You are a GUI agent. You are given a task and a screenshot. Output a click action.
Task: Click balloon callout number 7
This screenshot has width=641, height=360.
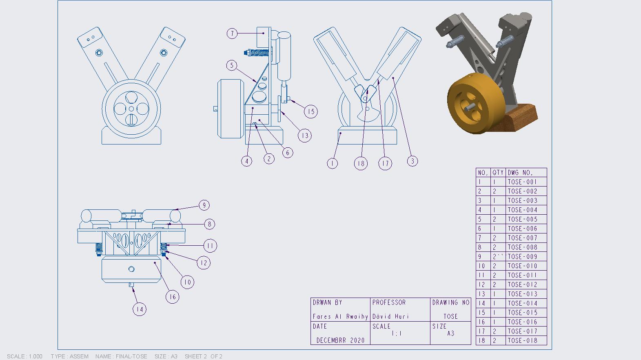pos(232,33)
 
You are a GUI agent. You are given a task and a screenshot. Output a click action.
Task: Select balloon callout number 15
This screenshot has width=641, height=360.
pos(311,111)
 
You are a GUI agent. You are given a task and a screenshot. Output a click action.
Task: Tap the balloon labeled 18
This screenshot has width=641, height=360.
pos(361,164)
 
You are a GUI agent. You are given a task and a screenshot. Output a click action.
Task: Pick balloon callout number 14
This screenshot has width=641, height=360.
pos(140,309)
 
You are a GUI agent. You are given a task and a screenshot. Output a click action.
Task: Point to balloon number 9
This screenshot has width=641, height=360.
pos(204,205)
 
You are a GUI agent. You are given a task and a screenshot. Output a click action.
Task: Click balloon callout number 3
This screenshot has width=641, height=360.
pos(413,161)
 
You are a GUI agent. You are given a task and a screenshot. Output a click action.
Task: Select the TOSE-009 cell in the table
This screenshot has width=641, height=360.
pos(522,257)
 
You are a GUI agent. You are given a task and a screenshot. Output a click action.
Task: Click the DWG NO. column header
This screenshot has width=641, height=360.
pos(520,173)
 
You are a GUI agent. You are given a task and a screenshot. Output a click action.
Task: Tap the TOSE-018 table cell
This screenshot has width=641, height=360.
pos(522,341)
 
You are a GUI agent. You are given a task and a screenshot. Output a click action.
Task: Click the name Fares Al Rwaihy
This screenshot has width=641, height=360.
pos(340,316)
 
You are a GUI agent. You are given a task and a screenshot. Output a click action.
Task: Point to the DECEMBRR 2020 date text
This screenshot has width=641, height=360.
pos(340,340)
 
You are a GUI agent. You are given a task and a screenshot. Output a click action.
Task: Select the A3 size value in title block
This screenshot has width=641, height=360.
pos(450,333)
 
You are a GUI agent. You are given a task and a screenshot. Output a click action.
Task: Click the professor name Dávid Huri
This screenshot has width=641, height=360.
pos(390,316)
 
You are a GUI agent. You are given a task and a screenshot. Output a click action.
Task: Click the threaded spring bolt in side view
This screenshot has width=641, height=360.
pos(258,53)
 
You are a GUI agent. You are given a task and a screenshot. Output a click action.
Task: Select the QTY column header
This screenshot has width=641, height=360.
pos(498,173)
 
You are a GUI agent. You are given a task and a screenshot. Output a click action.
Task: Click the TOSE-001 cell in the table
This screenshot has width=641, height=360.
pos(522,182)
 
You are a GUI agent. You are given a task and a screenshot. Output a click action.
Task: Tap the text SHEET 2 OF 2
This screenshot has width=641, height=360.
pos(203,356)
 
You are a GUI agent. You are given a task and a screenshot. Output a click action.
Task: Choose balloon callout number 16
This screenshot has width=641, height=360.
pos(173,297)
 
